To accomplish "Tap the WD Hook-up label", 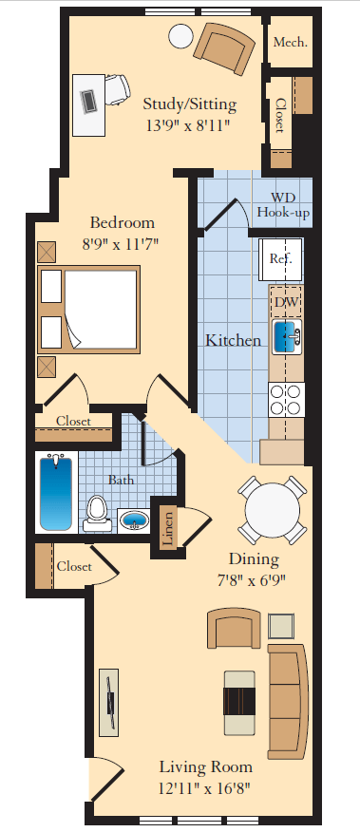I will [283, 204].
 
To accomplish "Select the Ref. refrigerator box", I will [280, 258].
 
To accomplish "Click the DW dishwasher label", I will [286, 302].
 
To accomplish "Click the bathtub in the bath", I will [56, 493].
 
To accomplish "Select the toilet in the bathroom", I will [97, 511].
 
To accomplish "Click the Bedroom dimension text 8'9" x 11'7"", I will [123, 243].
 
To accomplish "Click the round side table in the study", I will [180, 36].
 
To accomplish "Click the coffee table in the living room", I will [238, 703].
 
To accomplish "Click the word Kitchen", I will [234, 339].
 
